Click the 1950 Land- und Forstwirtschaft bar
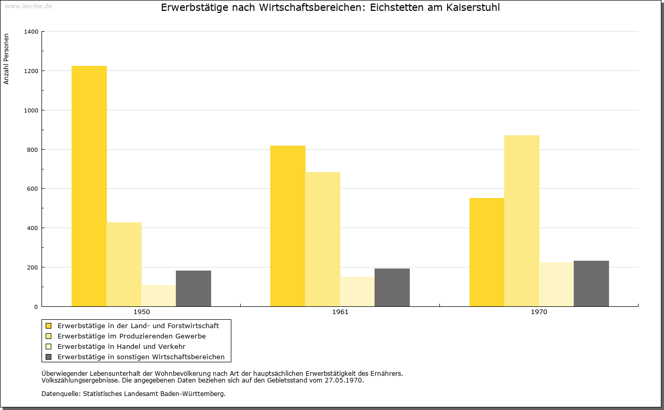coord(89,186)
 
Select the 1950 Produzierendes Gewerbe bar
coord(124,264)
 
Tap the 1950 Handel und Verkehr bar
coord(159,295)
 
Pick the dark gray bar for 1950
coord(193,288)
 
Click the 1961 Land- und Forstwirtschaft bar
coord(288,226)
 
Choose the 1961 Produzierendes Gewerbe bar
coord(323,239)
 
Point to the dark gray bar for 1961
coord(392,287)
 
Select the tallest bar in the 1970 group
coord(522,221)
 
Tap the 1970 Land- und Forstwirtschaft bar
coord(487,252)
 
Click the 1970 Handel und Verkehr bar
coord(557,284)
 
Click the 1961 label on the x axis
coord(340,312)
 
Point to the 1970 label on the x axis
coord(539,312)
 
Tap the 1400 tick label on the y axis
coord(31,32)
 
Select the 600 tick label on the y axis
coord(33,189)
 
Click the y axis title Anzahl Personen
coord(6,59)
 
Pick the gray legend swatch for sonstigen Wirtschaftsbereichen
coord(49,357)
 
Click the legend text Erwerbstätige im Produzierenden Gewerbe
coord(132,336)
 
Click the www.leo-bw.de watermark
coord(28,6)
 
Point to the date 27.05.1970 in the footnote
coord(343,380)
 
